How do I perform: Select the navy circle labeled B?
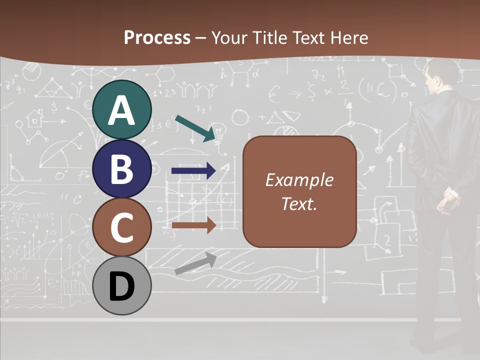coord(122,169)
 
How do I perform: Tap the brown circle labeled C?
coord(122,227)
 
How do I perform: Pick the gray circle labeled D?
coord(122,285)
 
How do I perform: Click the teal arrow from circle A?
coord(195,127)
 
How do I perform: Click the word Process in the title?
coord(157,38)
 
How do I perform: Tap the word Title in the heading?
coord(270,38)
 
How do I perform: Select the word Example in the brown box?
coord(299,180)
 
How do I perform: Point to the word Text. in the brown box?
coord(299,203)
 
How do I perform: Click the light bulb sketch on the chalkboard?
coord(220,133)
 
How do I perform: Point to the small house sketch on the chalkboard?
coord(35,118)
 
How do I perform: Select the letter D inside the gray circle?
coord(122,287)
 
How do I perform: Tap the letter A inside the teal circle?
coord(122,111)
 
